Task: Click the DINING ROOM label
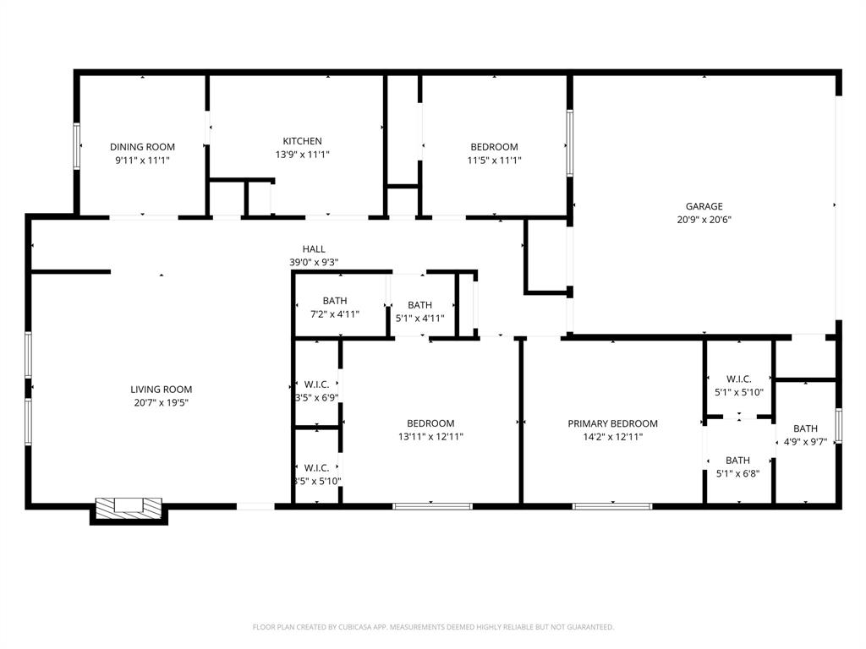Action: pos(142,147)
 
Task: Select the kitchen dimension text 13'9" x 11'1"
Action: pos(302,155)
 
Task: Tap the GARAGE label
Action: pos(704,206)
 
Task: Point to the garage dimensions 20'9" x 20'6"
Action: pos(704,220)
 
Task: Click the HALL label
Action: pos(314,249)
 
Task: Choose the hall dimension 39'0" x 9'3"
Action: pos(314,263)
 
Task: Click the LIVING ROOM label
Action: pos(161,390)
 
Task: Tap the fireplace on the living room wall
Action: pos(127,507)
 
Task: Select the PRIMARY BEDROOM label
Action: pos(612,423)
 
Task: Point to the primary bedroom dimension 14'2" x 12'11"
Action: pos(612,437)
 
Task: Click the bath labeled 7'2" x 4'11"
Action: pos(335,308)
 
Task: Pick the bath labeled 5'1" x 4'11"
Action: pos(420,312)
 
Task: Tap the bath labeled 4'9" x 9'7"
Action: pos(805,435)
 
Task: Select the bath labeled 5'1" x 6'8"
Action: pos(737,466)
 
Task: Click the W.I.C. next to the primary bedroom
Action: pos(739,385)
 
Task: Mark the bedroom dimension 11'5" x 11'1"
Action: pos(494,160)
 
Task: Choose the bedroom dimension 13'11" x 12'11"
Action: pos(430,437)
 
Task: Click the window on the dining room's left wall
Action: pos(76,145)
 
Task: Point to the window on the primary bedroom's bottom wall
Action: pos(612,506)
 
